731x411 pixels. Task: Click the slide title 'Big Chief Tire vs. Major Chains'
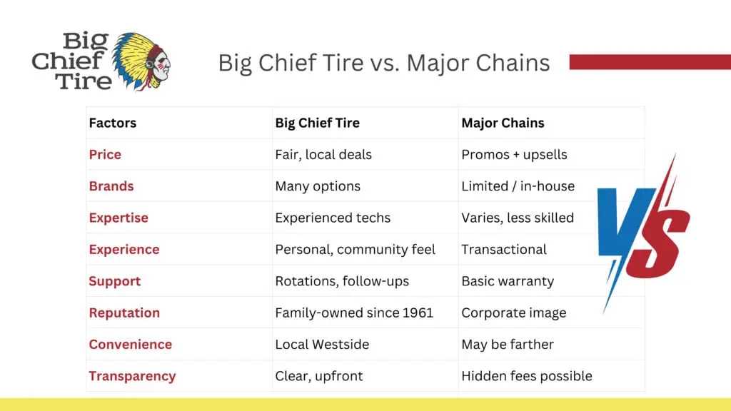pos(383,63)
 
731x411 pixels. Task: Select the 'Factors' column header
pos(112,123)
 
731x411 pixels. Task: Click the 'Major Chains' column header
pos(503,123)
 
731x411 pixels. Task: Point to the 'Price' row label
pos(105,154)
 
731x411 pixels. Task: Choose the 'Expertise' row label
pos(119,218)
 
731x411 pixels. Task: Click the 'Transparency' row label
pos(132,375)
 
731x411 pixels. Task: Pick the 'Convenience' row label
pos(130,344)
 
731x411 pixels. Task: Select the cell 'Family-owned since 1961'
pos(354,313)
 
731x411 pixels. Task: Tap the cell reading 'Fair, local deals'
pos(323,154)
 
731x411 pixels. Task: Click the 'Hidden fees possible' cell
pos(526,375)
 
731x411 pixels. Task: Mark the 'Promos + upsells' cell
pos(513,154)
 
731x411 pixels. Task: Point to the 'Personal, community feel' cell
pos(355,249)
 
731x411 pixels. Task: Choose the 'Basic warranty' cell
pos(507,280)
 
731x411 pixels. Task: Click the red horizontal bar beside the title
pos(650,62)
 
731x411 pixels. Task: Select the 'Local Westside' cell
pos(322,344)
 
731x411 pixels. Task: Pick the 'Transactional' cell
pos(503,249)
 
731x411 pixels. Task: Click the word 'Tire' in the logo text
pos(84,80)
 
